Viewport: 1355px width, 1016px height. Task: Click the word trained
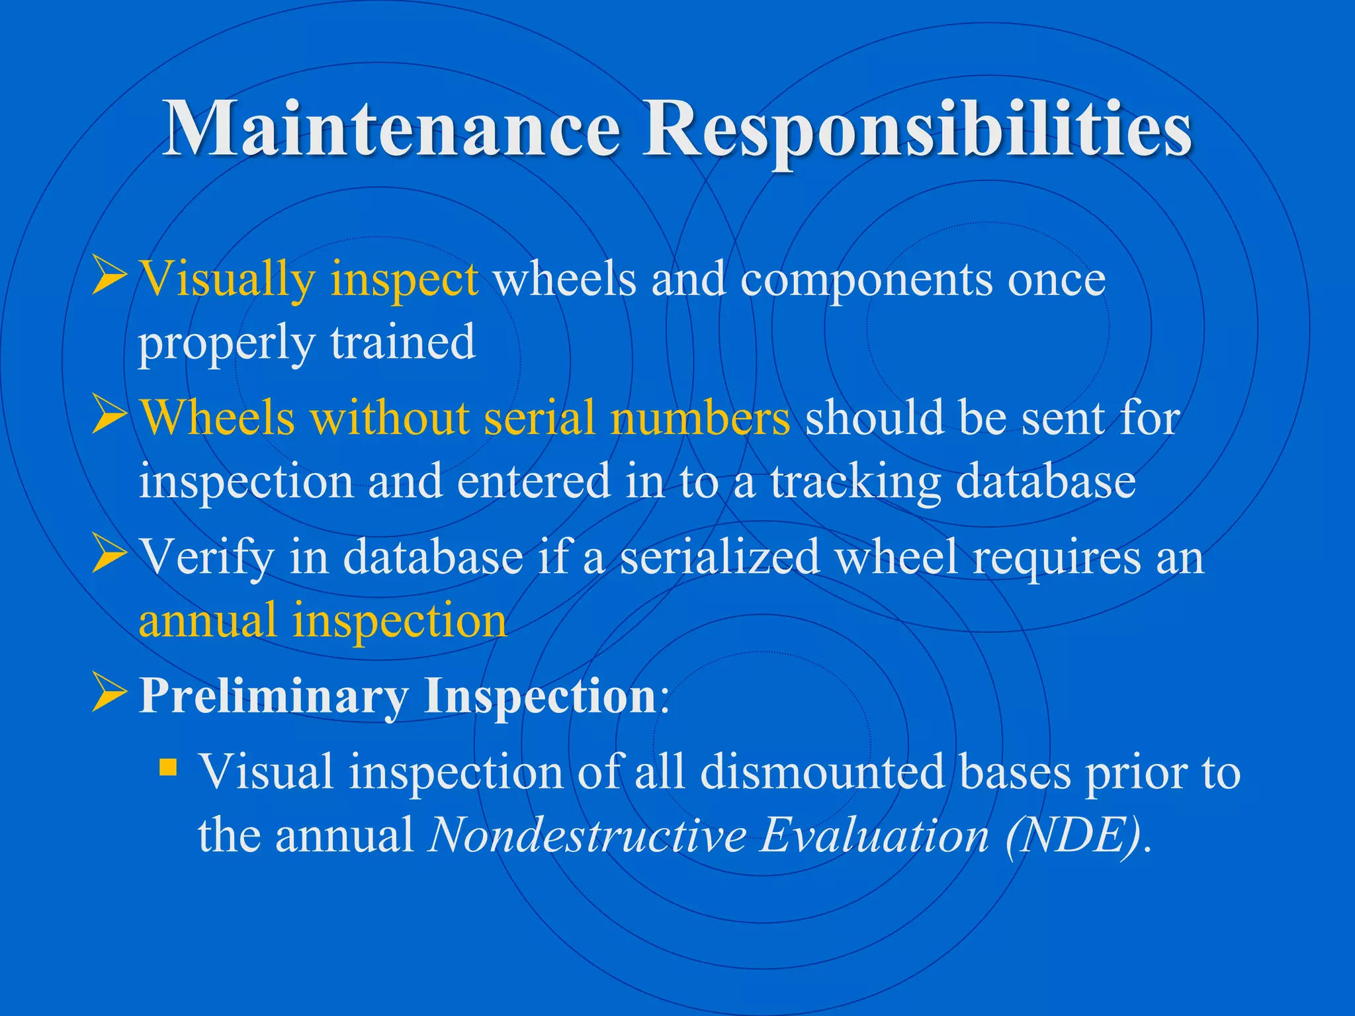click(403, 342)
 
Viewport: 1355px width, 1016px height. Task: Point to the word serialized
click(720, 557)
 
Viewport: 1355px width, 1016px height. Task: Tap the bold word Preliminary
click(273, 696)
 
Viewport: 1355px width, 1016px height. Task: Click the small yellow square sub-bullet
click(169, 768)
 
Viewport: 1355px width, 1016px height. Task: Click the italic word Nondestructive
click(587, 835)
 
